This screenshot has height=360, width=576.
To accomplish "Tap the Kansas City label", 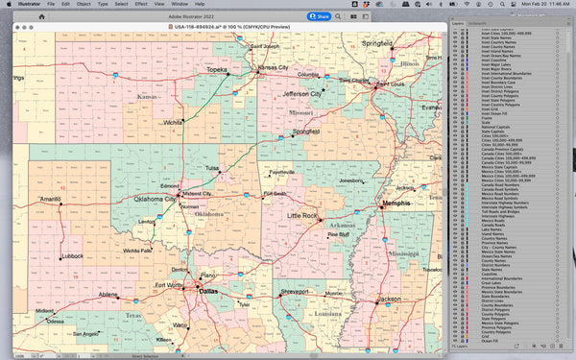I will [x=273, y=67].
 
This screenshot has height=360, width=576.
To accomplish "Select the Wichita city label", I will [x=173, y=123].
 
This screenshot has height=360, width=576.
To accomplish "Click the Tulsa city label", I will [x=212, y=168].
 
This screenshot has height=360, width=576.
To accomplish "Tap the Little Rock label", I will [x=302, y=216].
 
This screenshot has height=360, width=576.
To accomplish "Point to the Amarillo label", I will [x=50, y=199].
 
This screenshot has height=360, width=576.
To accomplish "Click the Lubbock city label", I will [x=71, y=256].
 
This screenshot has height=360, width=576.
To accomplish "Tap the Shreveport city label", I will [x=295, y=291].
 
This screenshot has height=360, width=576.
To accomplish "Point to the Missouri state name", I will [x=301, y=112].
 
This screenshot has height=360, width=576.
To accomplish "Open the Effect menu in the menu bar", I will [x=140, y=5].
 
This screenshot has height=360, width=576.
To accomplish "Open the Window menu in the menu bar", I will [x=180, y=5].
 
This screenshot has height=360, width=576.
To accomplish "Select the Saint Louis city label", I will [x=389, y=84].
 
